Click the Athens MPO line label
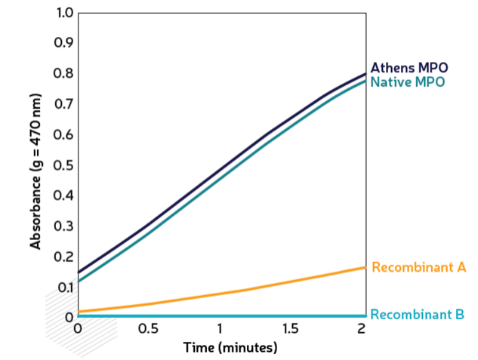(x=409, y=67)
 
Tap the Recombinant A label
(x=419, y=267)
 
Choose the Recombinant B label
(x=418, y=315)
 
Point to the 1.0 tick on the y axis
(x=65, y=14)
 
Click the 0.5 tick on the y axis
(x=65, y=165)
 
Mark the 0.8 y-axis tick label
(x=65, y=74)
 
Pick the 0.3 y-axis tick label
(x=65, y=226)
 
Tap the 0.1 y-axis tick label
(x=65, y=287)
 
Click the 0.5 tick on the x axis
(x=149, y=329)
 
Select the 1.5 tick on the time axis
(x=291, y=329)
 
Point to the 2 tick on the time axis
(x=362, y=329)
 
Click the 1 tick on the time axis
(x=220, y=329)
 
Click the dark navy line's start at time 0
(x=78, y=272)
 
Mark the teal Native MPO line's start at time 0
(x=78, y=282)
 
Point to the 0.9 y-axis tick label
(x=65, y=44)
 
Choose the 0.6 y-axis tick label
(x=65, y=135)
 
